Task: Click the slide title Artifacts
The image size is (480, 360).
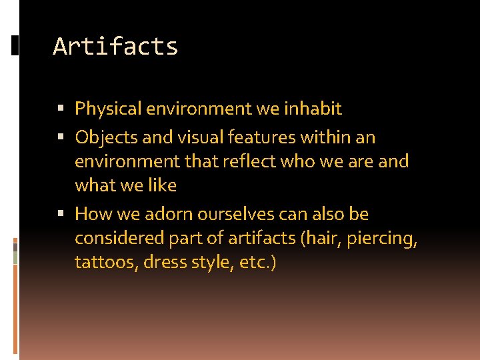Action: (115, 47)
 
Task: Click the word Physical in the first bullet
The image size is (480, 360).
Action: (108, 109)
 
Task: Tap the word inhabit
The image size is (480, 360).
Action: (313, 108)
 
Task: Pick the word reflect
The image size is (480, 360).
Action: (257, 161)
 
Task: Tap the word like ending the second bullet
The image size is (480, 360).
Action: (162, 185)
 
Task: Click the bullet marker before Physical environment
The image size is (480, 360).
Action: (61, 109)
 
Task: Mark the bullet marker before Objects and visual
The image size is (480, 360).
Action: (61, 138)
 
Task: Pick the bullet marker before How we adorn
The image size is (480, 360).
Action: (61, 215)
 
